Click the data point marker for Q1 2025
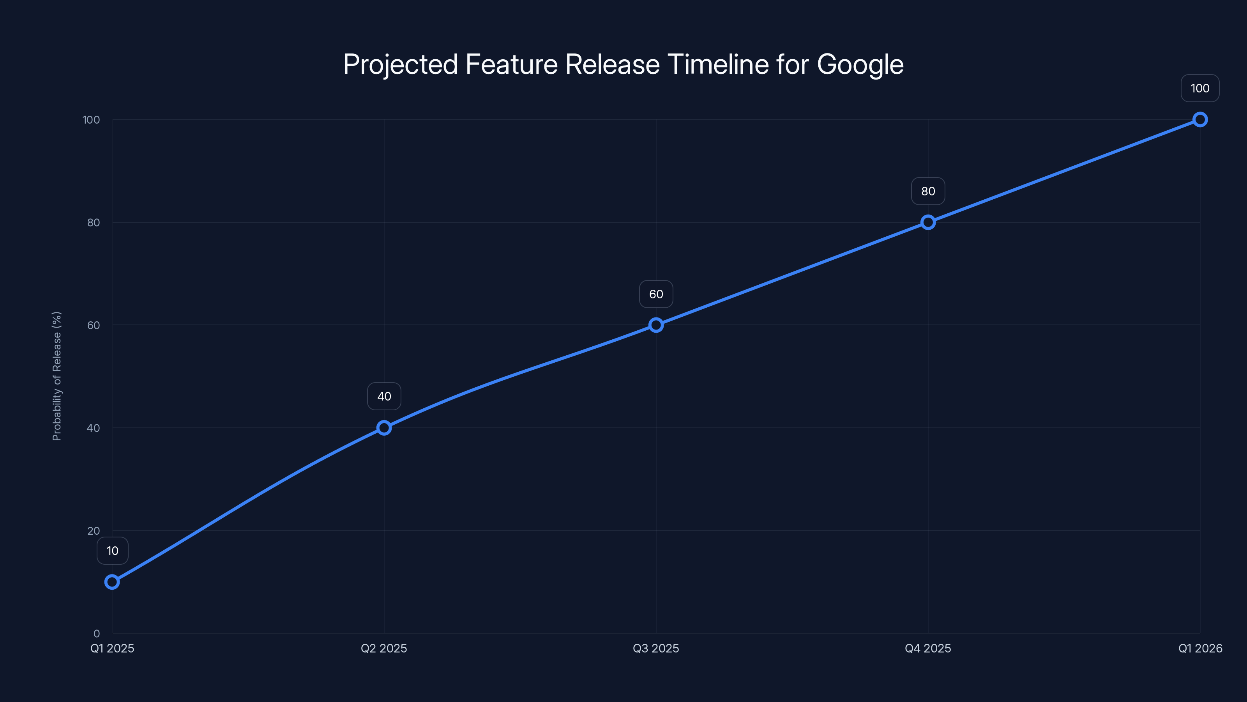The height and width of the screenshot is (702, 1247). point(112,582)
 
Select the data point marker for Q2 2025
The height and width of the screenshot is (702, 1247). point(384,428)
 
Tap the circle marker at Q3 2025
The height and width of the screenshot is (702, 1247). point(656,325)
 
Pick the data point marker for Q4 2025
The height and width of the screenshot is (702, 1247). point(928,222)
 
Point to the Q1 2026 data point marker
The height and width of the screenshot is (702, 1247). point(1200,120)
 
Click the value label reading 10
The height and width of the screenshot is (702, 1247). point(112,551)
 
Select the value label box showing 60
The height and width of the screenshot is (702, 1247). point(656,294)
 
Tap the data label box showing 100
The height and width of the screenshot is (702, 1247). point(1200,88)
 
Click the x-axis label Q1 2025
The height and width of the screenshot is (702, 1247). point(112,648)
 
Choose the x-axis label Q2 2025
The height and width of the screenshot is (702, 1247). point(384,648)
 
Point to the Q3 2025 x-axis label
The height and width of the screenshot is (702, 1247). point(656,648)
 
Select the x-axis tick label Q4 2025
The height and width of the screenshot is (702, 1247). point(928,648)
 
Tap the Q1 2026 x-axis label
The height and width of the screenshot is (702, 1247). point(1200,648)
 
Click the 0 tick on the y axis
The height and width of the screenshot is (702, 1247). point(97,633)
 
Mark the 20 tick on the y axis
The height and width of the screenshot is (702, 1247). point(94,530)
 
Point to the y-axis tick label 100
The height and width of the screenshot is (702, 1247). point(91,120)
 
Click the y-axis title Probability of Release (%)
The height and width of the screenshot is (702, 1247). point(57,376)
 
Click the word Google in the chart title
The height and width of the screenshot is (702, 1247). point(860,64)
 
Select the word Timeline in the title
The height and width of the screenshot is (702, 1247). point(718,64)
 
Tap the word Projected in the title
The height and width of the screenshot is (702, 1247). point(400,64)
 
